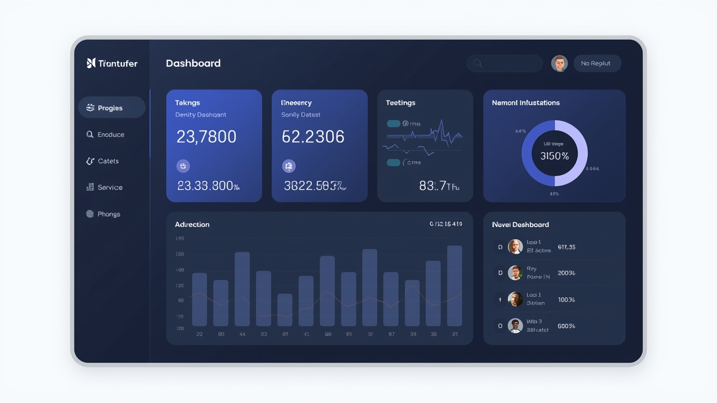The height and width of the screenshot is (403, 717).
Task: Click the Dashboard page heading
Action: click(193, 63)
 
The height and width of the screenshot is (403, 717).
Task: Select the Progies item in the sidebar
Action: click(111, 108)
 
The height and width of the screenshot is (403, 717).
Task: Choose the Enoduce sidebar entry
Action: click(110, 134)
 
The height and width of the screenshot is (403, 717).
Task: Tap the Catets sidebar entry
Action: click(108, 161)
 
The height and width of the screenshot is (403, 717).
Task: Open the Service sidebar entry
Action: click(109, 188)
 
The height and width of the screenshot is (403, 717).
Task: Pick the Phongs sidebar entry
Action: click(108, 214)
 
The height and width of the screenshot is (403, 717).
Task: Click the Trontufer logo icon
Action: click(91, 63)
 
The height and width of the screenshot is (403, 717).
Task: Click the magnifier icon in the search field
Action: click(477, 63)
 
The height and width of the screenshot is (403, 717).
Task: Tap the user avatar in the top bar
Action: click(559, 63)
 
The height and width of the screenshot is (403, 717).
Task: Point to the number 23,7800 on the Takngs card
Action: click(206, 137)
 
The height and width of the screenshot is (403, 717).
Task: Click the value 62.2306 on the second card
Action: click(313, 137)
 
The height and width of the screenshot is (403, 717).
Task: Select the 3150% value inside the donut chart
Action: click(554, 156)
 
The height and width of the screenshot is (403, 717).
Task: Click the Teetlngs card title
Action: click(400, 103)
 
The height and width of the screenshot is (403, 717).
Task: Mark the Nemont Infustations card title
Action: click(525, 103)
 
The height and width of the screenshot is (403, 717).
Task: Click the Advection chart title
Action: click(192, 224)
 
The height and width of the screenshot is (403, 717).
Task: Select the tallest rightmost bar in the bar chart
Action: click(454, 285)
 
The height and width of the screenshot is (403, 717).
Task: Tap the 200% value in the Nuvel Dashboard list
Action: click(566, 273)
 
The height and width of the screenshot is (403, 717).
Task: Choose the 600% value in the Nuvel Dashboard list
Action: click(566, 326)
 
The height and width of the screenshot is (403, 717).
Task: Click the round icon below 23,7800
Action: click(183, 166)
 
